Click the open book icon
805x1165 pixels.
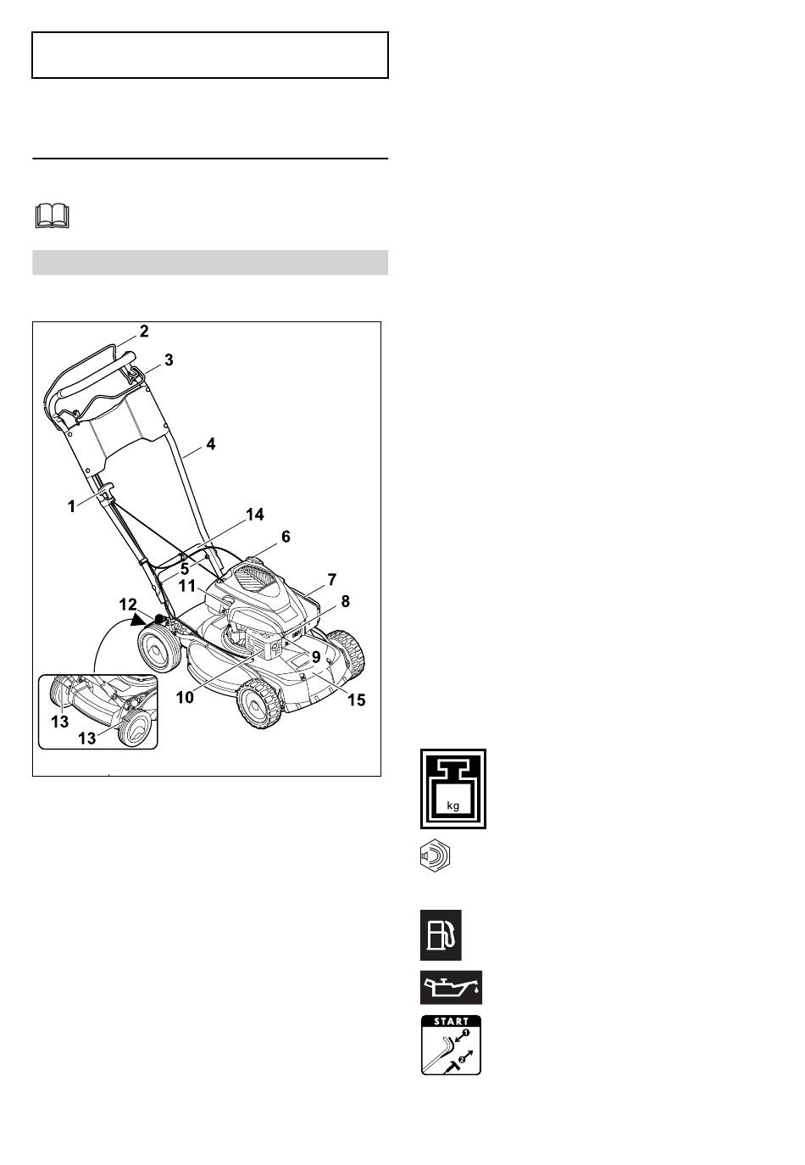tap(52, 217)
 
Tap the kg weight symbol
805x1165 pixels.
tap(453, 789)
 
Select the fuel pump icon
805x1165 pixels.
tap(441, 935)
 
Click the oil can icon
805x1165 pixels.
tap(451, 987)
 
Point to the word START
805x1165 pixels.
tap(451, 1021)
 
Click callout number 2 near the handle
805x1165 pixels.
tap(144, 332)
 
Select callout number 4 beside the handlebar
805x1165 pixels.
tap(210, 443)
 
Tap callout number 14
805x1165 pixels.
tap(255, 515)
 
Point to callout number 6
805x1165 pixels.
tap(286, 537)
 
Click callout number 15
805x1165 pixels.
tap(357, 700)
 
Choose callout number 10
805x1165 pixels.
tap(185, 697)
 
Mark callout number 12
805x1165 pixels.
tap(128, 605)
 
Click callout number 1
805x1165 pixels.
tap(72, 506)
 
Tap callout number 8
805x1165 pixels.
tap(346, 601)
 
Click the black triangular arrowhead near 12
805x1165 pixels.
tap(139, 619)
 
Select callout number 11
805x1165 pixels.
tap(186, 586)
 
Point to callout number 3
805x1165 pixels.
tap(169, 360)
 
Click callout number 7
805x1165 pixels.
tap(331, 579)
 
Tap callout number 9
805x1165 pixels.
tap(316, 657)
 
